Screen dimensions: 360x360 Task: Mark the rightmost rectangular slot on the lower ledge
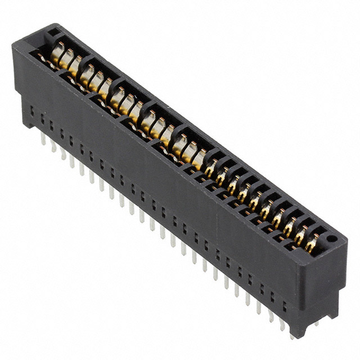click(x=285, y=307)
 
